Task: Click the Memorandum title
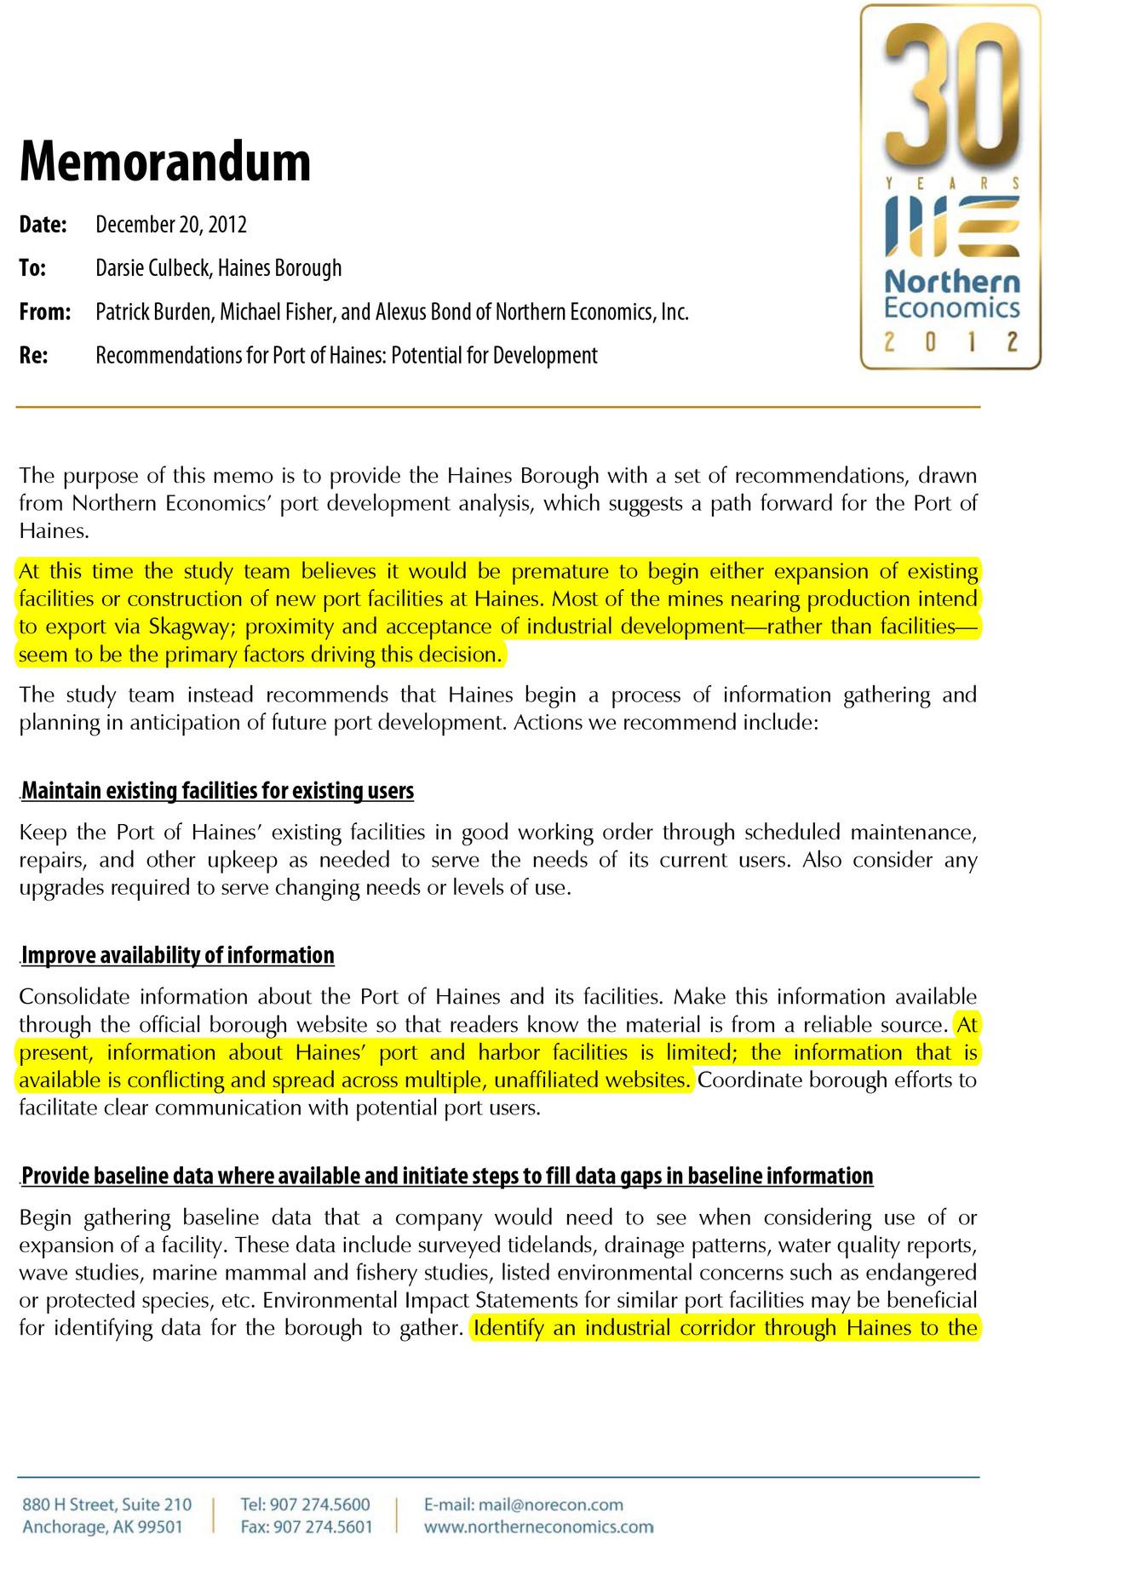pyautogui.click(x=165, y=161)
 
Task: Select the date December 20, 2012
pyautogui.click(x=170, y=225)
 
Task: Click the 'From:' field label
pyautogui.click(x=44, y=312)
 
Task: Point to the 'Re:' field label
pyautogui.click(x=33, y=356)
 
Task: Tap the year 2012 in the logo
pyautogui.click(x=950, y=342)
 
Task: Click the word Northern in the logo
pyautogui.click(x=951, y=280)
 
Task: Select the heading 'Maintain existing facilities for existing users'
pyautogui.click(x=217, y=791)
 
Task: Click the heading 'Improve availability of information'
pyautogui.click(x=177, y=955)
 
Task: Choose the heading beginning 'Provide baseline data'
pyautogui.click(x=447, y=1176)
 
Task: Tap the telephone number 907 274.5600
pyautogui.click(x=319, y=1504)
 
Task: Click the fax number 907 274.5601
pyautogui.click(x=320, y=1526)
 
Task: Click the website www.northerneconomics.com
pyautogui.click(x=538, y=1526)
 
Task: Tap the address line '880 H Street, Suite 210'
pyautogui.click(x=107, y=1504)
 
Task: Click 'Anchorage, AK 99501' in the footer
pyautogui.click(x=102, y=1526)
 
